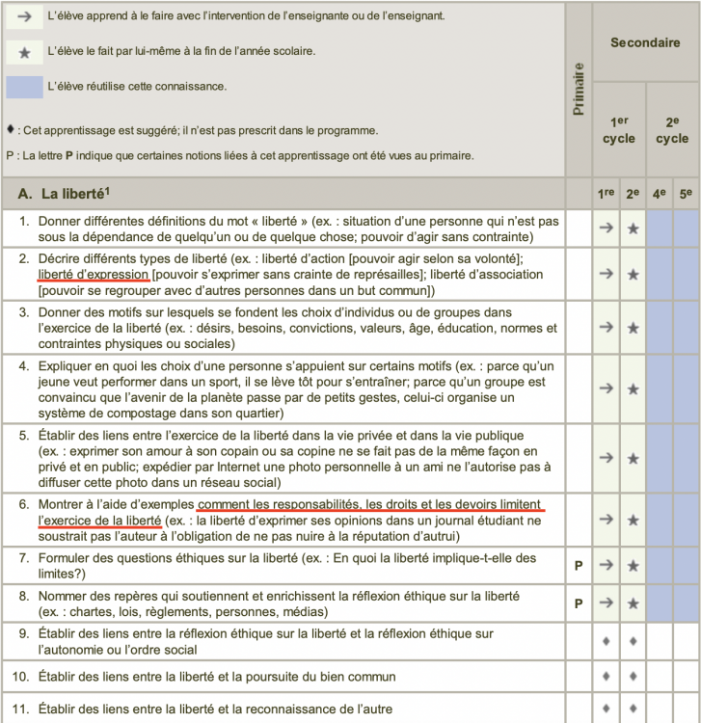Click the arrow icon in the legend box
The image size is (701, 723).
point(25,17)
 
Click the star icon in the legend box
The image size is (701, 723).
point(25,50)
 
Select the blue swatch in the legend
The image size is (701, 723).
point(25,86)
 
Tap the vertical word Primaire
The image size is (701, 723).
point(579,90)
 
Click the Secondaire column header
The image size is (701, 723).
point(645,42)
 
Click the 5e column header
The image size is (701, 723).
point(686,194)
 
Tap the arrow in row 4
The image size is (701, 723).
point(606,388)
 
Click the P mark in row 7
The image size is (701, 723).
point(579,565)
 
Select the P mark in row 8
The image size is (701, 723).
point(579,603)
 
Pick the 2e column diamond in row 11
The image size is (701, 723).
point(633,710)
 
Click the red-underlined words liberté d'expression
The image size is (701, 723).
point(94,275)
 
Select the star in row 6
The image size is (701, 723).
point(633,520)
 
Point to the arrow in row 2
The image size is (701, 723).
point(606,274)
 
